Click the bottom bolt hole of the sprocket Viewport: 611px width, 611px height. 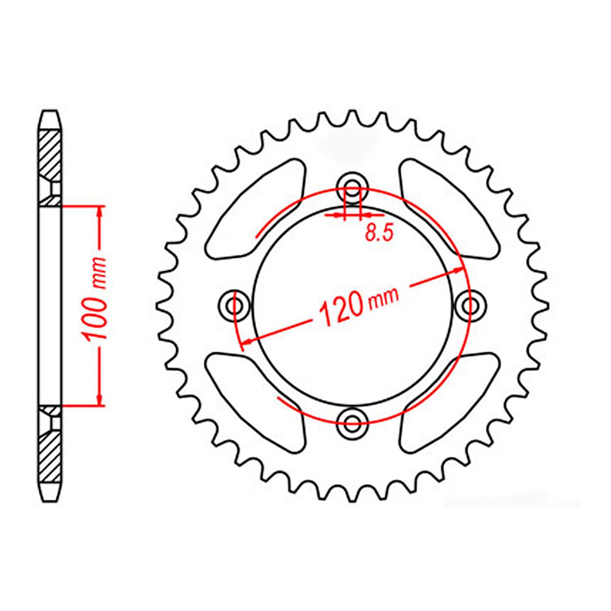[352, 421]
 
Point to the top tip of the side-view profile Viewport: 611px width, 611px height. [50, 112]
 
